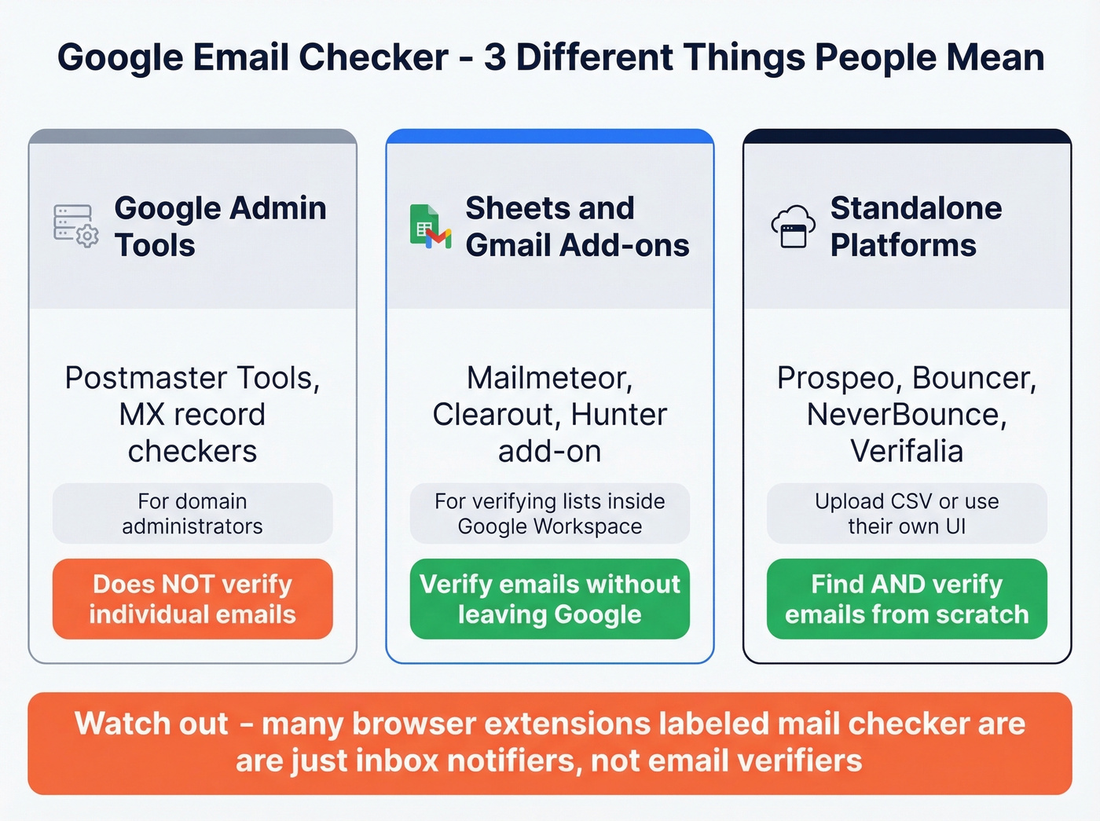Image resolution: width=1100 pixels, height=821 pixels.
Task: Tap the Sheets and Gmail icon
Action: point(430,226)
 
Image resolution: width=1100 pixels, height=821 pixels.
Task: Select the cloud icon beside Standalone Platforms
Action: point(793,226)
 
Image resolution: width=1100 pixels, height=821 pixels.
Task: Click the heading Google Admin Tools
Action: point(220,226)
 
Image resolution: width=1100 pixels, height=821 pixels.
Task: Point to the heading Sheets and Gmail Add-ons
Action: point(577,226)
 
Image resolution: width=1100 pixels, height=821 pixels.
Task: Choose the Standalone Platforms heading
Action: point(915,226)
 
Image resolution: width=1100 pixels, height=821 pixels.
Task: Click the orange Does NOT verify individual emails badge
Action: point(192,599)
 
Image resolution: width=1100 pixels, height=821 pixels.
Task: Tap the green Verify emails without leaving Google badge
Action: point(550,599)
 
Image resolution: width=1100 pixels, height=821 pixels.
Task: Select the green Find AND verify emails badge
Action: point(907,599)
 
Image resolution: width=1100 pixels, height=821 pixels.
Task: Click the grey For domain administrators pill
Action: point(192,514)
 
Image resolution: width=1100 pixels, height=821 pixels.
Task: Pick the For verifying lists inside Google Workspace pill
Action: point(550,514)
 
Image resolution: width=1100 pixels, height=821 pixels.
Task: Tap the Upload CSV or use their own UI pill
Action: point(907,514)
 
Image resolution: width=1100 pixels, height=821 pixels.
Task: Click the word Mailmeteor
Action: point(548,379)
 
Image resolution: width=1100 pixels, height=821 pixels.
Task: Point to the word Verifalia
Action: point(907,452)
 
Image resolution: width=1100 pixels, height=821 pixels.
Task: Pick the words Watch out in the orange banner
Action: point(152,724)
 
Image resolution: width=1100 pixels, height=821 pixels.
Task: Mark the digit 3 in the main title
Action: point(495,57)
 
